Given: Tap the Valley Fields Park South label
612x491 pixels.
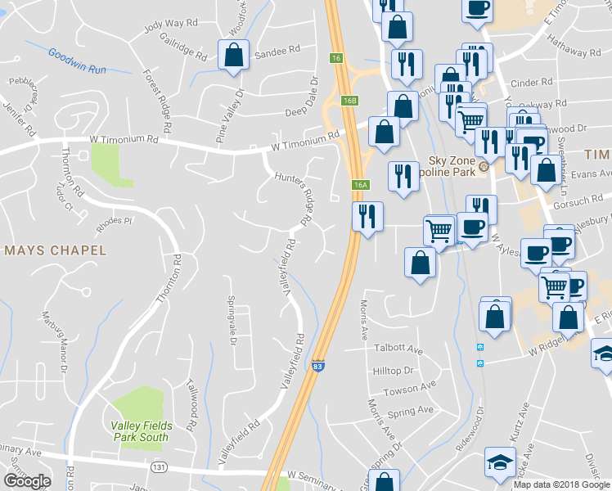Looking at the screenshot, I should [x=139, y=431].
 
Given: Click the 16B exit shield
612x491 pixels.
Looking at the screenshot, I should [x=350, y=100].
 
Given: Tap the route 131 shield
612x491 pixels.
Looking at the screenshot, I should [x=160, y=466].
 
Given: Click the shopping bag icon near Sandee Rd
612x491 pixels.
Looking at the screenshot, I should [x=233, y=56].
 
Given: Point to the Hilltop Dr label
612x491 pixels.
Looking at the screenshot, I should [x=393, y=371].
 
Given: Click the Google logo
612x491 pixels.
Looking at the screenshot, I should [x=27, y=481].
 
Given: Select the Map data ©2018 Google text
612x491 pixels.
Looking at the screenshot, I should [x=561, y=484].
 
